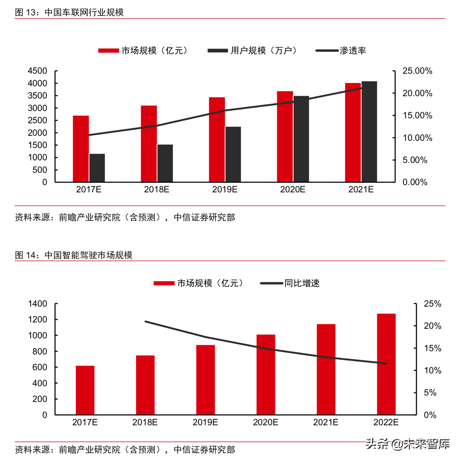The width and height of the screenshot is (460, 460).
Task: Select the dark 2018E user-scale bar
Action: (165, 163)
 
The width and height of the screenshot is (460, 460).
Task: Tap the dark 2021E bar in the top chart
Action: (369, 132)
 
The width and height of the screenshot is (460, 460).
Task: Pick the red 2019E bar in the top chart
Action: (217, 140)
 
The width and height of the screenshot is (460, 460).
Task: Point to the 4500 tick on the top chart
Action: (37, 71)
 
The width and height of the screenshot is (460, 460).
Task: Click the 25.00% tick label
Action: (417, 71)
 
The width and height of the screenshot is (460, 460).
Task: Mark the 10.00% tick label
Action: (417, 138)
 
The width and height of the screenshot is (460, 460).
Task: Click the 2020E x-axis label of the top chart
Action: (293, 189)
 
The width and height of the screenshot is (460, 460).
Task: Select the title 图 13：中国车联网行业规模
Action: (69, 12)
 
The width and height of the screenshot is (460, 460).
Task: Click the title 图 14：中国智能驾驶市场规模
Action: (74, 255)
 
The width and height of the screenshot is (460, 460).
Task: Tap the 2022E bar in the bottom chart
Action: (386, 364)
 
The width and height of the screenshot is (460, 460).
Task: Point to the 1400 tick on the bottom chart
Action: (37, 304)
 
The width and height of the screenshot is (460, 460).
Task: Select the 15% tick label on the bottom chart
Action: (432, 348)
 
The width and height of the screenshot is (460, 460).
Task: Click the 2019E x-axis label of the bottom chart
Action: (205, 422)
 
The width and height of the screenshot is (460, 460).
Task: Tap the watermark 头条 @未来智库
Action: (408, 444)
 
